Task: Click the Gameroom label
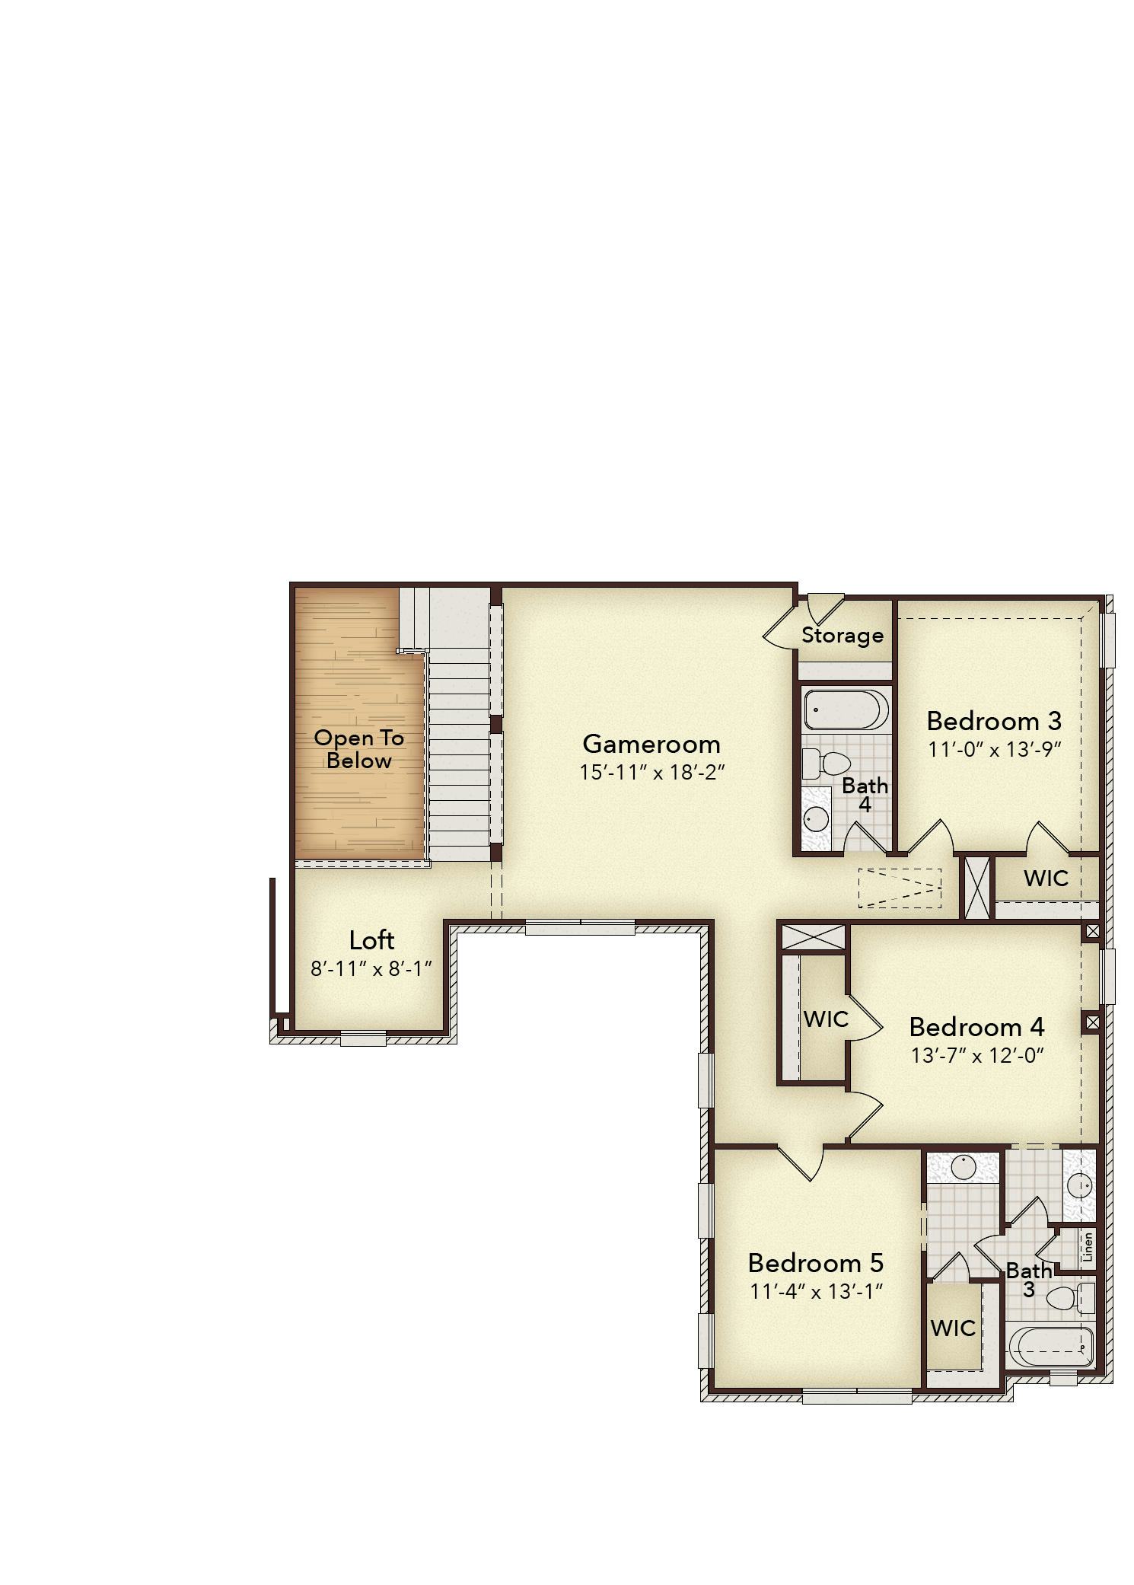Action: [x=651, y=744]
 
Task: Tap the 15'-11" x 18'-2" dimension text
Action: [x=651, y=773]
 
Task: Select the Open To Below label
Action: [x=358, y=749]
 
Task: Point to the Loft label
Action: [x=371, y=940]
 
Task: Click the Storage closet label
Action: [x=843, y=635]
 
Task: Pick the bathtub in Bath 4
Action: [x=846, y=709]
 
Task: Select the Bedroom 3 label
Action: [x=993, y=720]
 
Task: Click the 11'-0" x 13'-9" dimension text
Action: [x=994, y=749]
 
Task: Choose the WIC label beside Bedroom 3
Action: [x=1046, y=878]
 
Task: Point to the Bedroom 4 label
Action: [x=976, y=1027]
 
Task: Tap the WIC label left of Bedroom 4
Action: [x=825, y=1019]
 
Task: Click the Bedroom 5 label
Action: [x=815, y=1263]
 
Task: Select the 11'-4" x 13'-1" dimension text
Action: [x=815, y=1292]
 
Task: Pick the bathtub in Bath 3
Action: [x=1051, y=1347]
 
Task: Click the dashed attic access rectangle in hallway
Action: [x=900, y=888]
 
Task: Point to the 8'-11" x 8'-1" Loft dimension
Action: [x=371, y=969]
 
